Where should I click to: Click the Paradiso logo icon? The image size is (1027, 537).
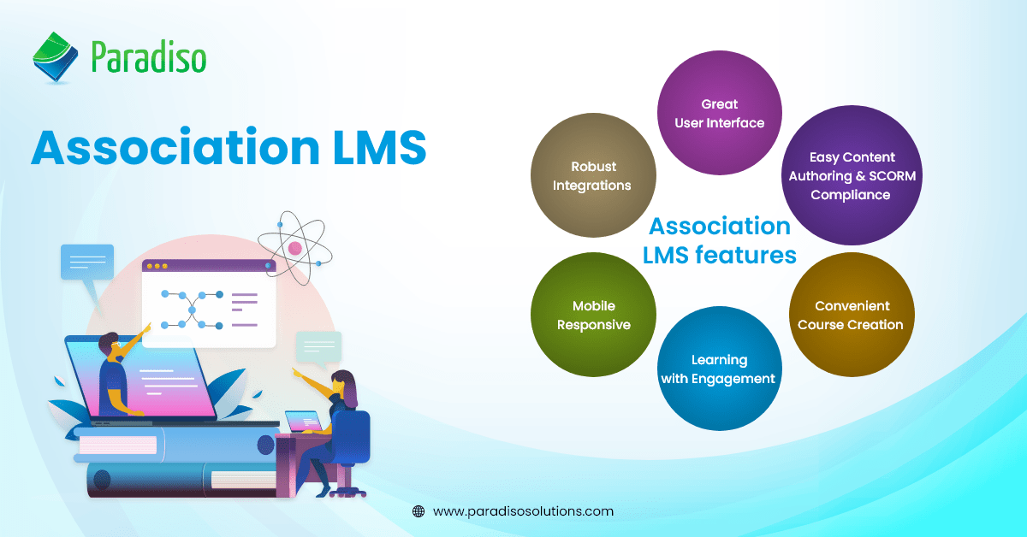click(x=56, y=58)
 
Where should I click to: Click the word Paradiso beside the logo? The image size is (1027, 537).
click(x=148, y=59)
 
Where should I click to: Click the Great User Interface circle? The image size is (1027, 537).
click(x=719, y=113)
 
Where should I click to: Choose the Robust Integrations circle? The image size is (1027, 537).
click(x=592, y=175)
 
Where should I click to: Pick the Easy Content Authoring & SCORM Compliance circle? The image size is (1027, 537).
click(x=852, y=175)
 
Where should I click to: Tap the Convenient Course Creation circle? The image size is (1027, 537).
click(x=851, y=315)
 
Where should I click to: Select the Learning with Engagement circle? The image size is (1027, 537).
click(x=720, y=369)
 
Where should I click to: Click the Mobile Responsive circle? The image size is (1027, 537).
click(x=593, y=315)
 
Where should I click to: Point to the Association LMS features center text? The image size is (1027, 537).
click(x=720, y=239)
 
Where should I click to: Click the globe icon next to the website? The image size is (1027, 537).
click(x=419, y=511)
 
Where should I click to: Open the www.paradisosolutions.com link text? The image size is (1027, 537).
click(x=523, y=511)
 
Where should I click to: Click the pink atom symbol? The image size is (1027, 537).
click(x=295, y=247)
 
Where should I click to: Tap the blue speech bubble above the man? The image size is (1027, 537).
click(x=86, y=261)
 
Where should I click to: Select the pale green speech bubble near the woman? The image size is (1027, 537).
click(x=318, y=347)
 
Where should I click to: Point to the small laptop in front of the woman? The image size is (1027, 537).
click(x=302, y=422)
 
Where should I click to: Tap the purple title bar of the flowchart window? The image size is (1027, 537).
click(x=209, y=266)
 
